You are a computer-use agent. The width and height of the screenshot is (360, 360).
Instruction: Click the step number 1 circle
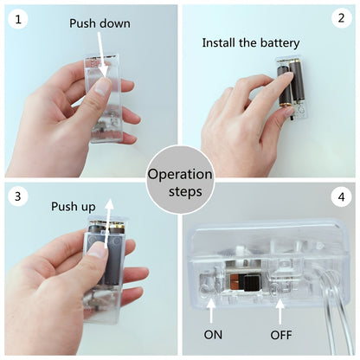pos(18,20)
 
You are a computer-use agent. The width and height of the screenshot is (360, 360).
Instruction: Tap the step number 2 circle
pos(342,18)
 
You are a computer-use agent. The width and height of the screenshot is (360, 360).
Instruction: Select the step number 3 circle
pos(18,196)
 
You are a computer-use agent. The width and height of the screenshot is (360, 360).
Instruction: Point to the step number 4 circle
pos(342,197)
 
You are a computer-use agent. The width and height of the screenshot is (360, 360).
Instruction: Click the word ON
pos(213,335)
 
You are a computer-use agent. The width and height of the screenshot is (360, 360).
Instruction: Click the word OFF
pos(281,335)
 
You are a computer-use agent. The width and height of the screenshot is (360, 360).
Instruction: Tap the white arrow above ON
pos(211,311)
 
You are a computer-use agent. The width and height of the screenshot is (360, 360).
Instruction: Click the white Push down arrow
pos(101,55)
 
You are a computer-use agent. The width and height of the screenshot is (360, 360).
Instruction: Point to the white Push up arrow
pos(108,222)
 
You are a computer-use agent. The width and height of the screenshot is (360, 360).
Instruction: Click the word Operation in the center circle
pos(180,175)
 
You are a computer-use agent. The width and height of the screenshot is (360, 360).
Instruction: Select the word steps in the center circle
pos(185,192)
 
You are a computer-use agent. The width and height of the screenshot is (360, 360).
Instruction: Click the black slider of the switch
pos(251,282)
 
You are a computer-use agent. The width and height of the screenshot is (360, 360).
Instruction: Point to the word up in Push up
pos(88,207)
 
